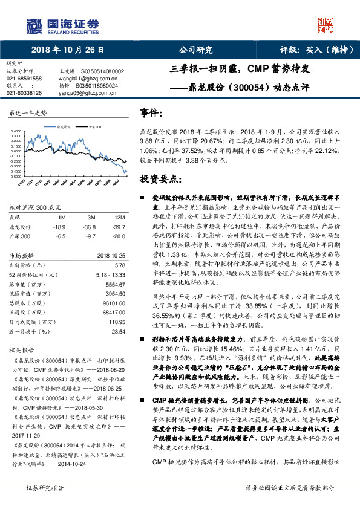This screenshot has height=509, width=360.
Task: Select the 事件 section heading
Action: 151,114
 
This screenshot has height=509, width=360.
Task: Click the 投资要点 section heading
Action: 160,179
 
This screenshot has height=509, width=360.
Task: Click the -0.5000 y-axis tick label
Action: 17,177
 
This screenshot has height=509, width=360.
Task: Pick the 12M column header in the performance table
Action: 119,216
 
